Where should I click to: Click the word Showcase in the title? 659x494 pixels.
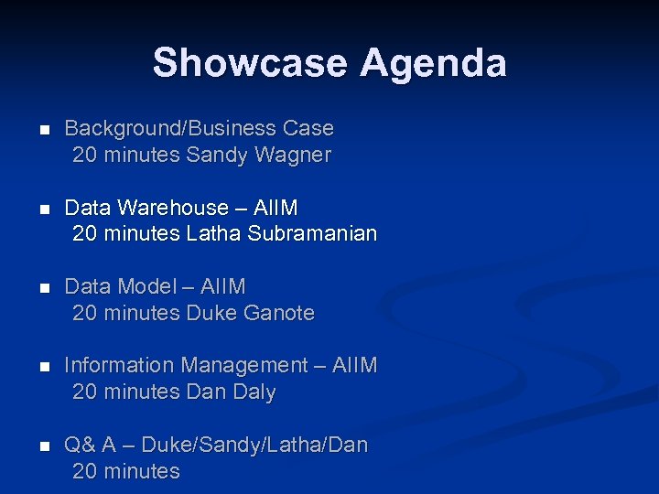tap(250, 63)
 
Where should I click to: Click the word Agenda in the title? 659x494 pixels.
tap(433, 63)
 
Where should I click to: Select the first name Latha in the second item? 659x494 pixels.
tap(213, 234)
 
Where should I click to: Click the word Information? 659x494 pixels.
tap(119, 366)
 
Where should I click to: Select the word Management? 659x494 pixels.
tap(244, 366)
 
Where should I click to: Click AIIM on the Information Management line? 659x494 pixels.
tap(355, 366)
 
